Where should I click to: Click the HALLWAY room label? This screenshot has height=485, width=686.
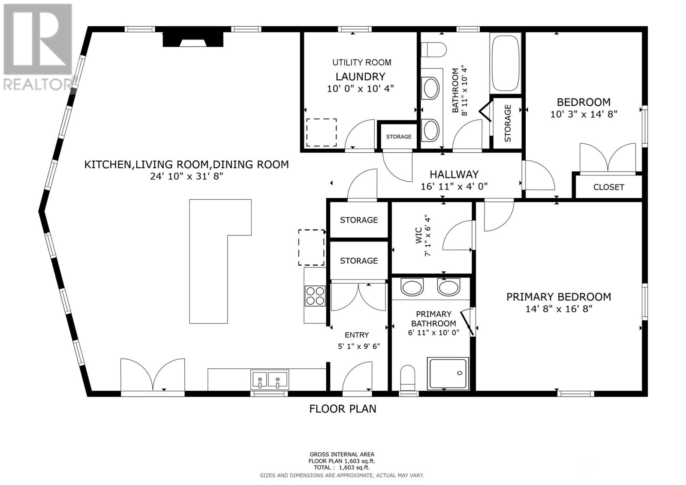point(454,175)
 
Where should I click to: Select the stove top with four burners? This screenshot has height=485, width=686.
point(315,296)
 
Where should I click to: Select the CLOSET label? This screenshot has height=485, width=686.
point(608,187)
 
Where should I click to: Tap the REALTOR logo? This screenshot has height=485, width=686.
point(38,47)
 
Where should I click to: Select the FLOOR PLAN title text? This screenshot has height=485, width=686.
point(343,409)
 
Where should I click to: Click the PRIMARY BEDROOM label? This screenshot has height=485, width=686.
point(558,297)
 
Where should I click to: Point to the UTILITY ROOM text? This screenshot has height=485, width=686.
point(361,63)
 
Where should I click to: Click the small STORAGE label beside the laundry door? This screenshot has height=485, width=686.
point(398,137)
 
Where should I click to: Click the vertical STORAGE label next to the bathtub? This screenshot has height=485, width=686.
point(508,123)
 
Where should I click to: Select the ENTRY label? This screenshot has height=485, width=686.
point(357,335)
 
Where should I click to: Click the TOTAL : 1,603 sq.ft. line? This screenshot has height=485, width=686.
point(342,468)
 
